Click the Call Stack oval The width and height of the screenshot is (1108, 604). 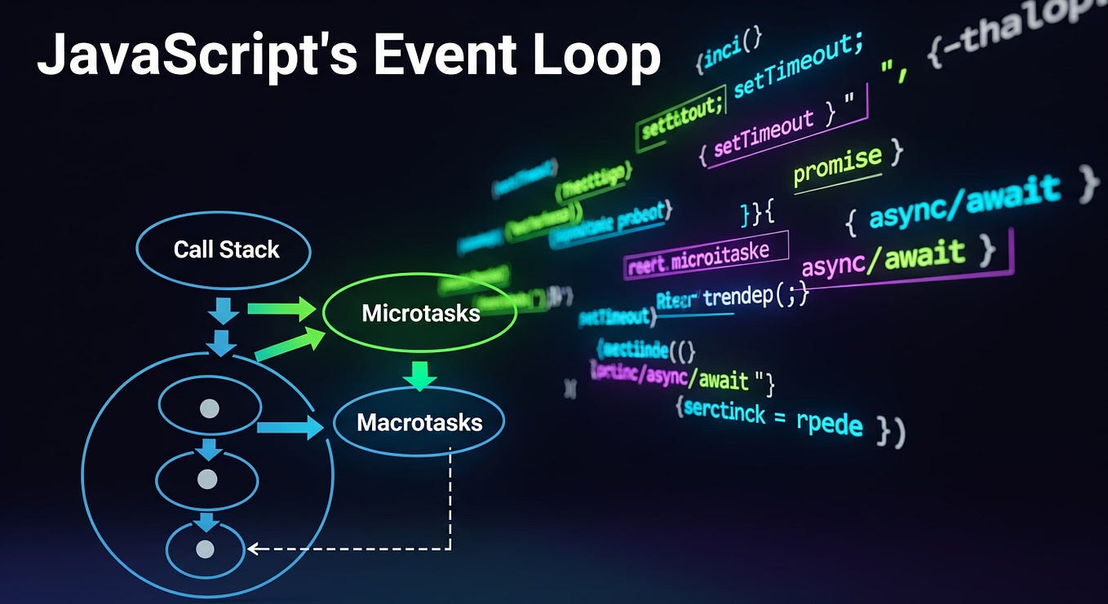[223, 249]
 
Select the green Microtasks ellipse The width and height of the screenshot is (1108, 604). [420, 313]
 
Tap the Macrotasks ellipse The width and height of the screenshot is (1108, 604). [419, 422]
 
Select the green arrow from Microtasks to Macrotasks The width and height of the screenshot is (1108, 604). [420, 376]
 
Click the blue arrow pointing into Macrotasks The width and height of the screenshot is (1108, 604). [290, 427]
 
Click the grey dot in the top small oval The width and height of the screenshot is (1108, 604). [210, 408]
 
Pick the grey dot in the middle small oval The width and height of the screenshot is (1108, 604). [207, 479]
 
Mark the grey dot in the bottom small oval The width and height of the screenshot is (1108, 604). [206, 549]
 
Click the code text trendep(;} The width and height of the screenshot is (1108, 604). [755, 297]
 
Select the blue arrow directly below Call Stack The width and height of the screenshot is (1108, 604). [222, 310]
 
